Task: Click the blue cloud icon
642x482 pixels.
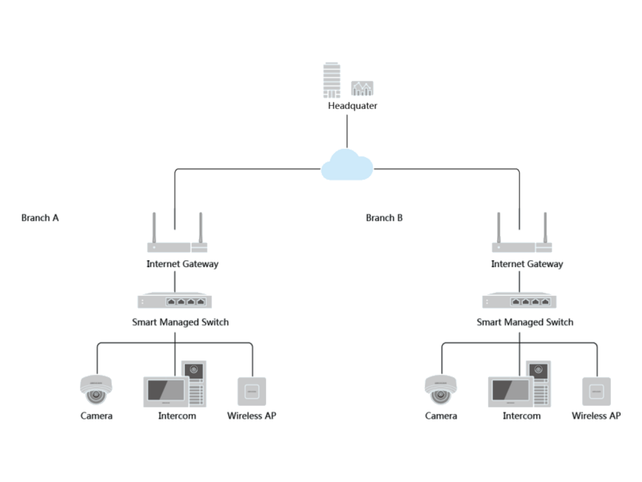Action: tap(347, 164)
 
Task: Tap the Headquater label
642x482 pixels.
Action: tap(352, 106)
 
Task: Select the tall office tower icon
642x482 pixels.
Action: tap(332, 80)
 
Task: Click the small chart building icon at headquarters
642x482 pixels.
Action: tap(362, 88)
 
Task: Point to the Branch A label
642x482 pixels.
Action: tap(40, 218)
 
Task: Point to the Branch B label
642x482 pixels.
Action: tap(384, 218)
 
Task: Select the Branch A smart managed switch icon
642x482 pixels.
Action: tap(174, 300)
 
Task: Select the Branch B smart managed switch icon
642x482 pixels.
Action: tap(519, 300)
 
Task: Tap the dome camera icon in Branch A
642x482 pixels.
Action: tap(96, 389)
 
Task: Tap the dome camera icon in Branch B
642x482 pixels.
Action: tap(440, 389)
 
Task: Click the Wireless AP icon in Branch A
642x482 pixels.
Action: tap(252, 391)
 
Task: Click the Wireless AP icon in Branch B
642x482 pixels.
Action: tap(597, 391)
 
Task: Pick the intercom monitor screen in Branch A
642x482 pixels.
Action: tap(166, 392)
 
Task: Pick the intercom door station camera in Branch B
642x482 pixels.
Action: tap(538, 370)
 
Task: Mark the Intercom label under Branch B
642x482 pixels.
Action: tap(522, 416)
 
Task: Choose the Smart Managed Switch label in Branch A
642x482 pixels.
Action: tap(180, 322)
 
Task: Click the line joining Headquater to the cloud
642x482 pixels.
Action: tap(347, 131)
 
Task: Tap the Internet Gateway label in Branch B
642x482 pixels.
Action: tap(527, 264)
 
